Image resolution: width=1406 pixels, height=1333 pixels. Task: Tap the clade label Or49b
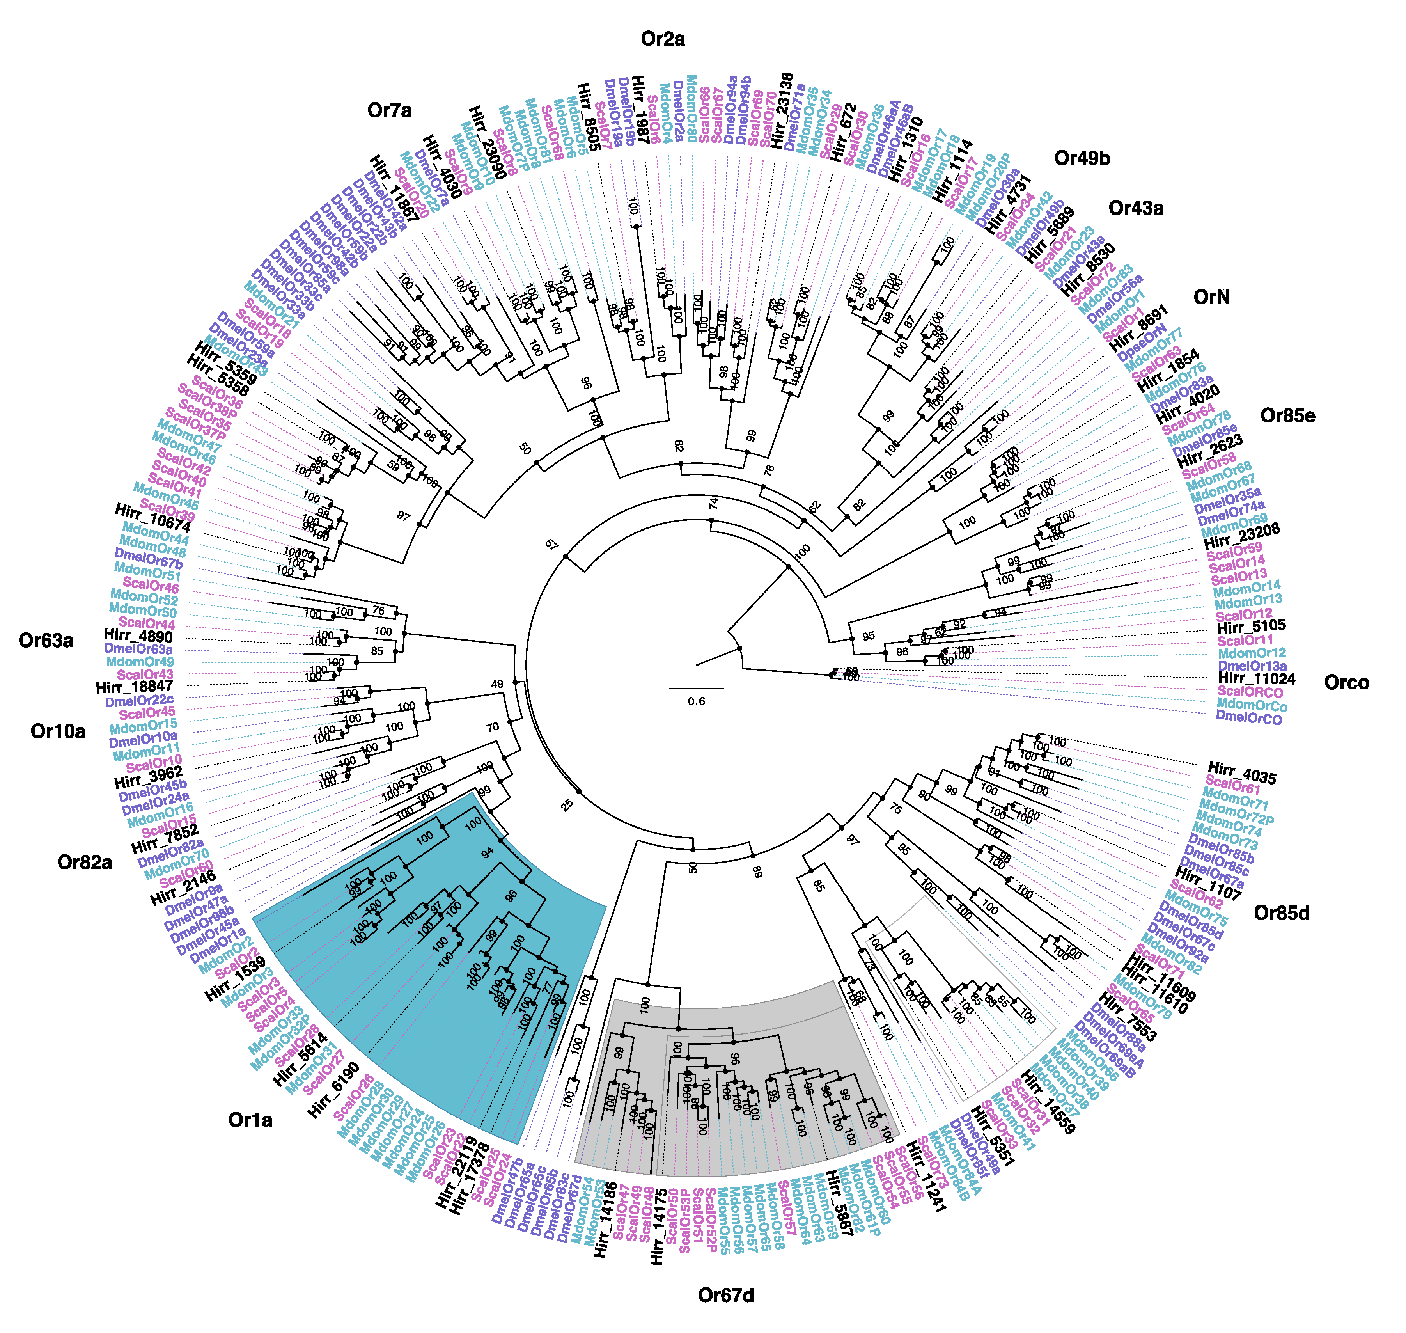(x=1082, y=158)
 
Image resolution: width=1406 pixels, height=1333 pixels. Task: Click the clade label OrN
(x=1211, y=297)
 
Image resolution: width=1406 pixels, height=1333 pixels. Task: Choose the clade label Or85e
(x=1287, y=416)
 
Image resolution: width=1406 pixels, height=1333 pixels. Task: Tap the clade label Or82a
(x=85, y=863)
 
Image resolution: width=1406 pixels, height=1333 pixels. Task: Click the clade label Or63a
(x=46, y=641)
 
